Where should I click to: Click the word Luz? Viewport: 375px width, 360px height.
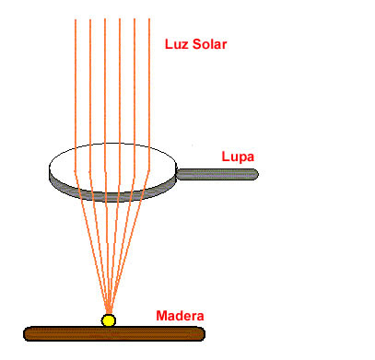[x=177, y=44]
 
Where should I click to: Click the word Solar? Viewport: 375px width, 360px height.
[x=210, y=44]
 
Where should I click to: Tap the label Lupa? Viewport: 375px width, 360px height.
[x=238, y=157]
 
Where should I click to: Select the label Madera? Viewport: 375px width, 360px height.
[x=180, y=316]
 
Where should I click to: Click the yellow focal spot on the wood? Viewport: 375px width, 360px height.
[x=109, y=320]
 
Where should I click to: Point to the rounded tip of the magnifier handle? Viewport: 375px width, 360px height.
[x=257, y=174]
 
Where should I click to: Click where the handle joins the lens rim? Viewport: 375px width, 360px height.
[x=177, y=174]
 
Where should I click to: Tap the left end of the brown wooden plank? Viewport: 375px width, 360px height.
[x=24, y=333]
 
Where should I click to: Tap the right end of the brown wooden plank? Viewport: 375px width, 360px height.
[x=205, y=333]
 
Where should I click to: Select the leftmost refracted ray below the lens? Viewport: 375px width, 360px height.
[x=91, y=242]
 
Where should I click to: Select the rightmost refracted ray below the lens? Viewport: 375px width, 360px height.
[x=130, y=242]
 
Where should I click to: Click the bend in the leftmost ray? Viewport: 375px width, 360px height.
[x=76, y=172]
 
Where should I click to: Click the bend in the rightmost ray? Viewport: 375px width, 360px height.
[x=149, y=172]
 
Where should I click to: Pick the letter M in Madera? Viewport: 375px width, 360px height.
[x=161, y=316]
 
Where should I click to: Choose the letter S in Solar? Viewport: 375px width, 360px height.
[x=197, y=44]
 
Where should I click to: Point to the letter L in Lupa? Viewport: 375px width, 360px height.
[x=225, y=157]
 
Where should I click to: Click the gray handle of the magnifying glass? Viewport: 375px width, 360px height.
[x=217, y=174]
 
